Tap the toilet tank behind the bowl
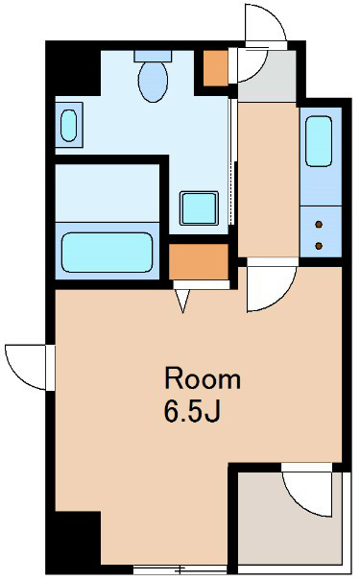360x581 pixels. point(152,55)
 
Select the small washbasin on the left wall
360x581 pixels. point(69,124)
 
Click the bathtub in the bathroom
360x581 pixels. point(108,250)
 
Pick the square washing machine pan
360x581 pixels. point(200,206)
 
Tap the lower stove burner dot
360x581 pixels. point(318,246)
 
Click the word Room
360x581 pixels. point(202,377)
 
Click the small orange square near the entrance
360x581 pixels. point(213,66)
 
